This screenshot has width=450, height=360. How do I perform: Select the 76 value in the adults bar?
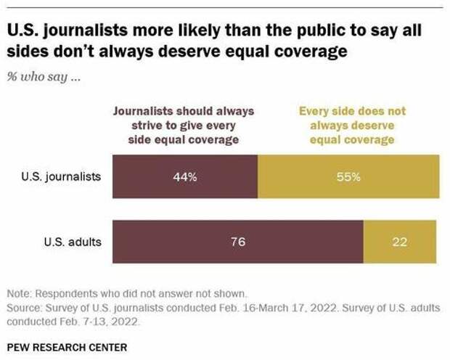tap(238, 242)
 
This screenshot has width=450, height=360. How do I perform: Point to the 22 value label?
tap(399, 242)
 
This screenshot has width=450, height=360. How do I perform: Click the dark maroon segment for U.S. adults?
tap(181, 242)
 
